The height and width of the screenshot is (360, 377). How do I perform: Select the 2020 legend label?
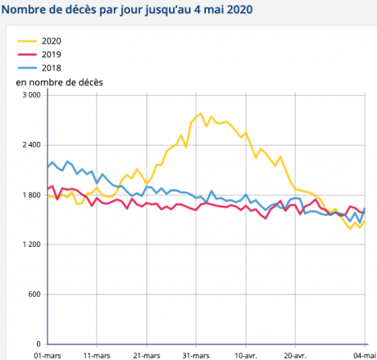coord(51,41)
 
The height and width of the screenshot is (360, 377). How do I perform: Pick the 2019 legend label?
coord(51,54)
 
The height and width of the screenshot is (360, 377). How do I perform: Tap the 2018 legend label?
coord(51,67)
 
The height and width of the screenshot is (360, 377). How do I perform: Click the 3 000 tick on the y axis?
coord(30,95)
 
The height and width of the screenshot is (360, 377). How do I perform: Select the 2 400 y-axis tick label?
coord(30,145)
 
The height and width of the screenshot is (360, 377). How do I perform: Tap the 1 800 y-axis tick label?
coord(30,195)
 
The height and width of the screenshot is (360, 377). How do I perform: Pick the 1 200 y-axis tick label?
coord(30,245)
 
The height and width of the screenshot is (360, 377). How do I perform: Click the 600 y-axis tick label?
coord(34,294)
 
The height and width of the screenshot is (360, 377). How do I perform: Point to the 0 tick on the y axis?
coord(39,344)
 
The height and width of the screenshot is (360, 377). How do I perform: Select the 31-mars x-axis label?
coord(196,355)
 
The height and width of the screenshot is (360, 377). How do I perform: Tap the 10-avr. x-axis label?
coord(246,355)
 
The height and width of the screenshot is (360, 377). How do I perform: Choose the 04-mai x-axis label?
coord(364,355)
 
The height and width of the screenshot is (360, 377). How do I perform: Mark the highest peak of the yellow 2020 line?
coord(200,114)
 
